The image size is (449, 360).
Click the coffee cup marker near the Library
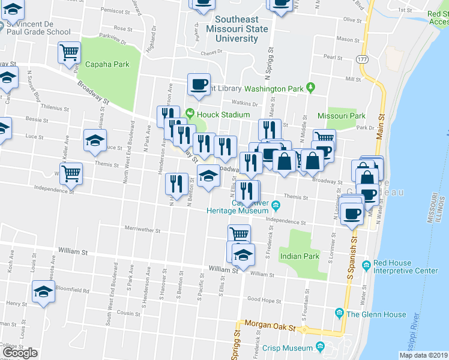tap(199, 85)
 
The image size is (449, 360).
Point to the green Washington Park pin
tap(310, 88)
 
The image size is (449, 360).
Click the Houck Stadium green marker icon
tap(190, 113)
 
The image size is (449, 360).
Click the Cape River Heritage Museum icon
tap(276, 206)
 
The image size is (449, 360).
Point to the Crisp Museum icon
tap(319, 347)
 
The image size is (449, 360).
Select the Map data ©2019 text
tap(423, 355)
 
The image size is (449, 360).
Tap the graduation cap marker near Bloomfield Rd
tap(43, 293)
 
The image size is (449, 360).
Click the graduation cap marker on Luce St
tap(95, 140)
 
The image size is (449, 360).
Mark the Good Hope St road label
tap(264, 299)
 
